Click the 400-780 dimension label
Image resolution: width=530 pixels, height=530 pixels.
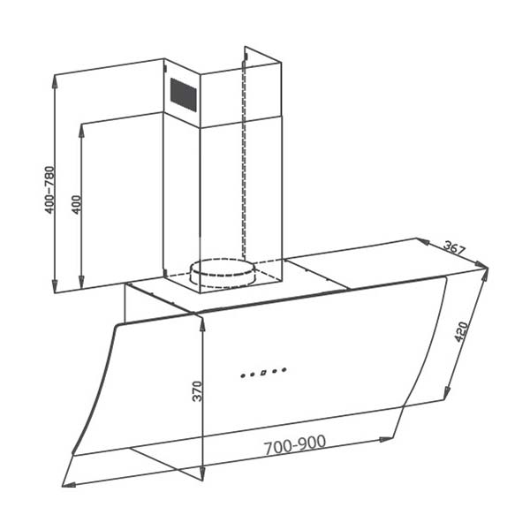click(50, 189)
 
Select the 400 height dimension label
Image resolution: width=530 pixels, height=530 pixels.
click(77, 205)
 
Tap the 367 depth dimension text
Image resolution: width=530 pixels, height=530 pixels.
click(455, 248)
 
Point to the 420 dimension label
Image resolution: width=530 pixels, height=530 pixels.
click(460, 331)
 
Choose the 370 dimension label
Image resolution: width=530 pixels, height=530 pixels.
click(197, 391)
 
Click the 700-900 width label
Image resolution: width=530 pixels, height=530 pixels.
click(295, 444)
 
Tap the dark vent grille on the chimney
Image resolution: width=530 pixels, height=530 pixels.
click(183, 95)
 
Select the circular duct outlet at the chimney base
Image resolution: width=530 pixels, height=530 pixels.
click(225, 273)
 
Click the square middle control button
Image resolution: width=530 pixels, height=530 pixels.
click(263, 373)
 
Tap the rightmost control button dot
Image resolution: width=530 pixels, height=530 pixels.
click(284, 370)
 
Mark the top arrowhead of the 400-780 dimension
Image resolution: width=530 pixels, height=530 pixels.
click(56, 80)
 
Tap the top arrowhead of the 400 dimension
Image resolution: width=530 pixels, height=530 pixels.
click(81, 127)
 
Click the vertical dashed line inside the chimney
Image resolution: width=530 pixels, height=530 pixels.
click(243, 159)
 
